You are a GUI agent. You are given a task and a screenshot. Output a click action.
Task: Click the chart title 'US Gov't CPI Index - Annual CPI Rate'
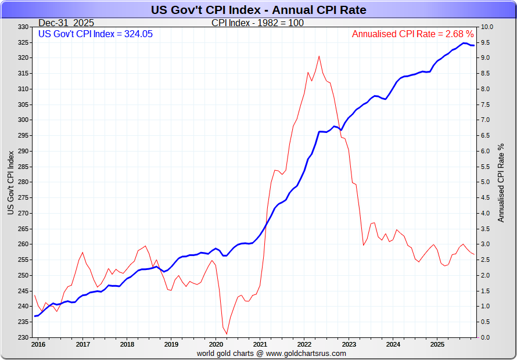coord(258,10)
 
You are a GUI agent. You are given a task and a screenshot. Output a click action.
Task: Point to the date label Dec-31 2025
coord(66,23)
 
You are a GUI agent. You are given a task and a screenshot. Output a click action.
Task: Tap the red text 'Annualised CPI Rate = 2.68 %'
coord(413,34)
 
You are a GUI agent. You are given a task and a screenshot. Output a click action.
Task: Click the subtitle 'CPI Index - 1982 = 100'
coord(257,23)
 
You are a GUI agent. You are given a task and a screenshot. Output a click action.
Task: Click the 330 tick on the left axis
coord(23,27)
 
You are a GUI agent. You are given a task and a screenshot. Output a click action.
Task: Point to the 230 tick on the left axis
coord(23,337)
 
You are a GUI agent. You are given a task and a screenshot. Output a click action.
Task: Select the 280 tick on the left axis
coord(23,182)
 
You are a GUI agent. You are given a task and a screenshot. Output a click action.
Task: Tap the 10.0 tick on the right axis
coord(487,27)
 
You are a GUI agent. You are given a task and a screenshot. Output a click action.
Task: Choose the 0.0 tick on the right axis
coord(486,337)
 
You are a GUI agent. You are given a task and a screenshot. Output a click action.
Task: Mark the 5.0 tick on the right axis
coord(486,182)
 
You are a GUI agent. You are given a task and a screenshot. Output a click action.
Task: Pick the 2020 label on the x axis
coord(216,344)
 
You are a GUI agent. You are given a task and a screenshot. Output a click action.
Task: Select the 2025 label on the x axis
coord(437,344)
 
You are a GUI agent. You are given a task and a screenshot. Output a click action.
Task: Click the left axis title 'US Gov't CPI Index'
coord(10,182)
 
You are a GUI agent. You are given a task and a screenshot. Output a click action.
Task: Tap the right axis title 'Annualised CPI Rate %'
coord(501,182)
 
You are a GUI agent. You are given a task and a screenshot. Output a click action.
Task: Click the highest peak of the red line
coord(319,56)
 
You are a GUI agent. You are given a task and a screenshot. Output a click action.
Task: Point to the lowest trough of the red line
coord(227,333)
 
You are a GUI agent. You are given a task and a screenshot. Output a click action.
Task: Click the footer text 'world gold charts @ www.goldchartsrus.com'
coord(271,353)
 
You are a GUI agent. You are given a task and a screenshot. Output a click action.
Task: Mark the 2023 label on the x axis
coord(349,344)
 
